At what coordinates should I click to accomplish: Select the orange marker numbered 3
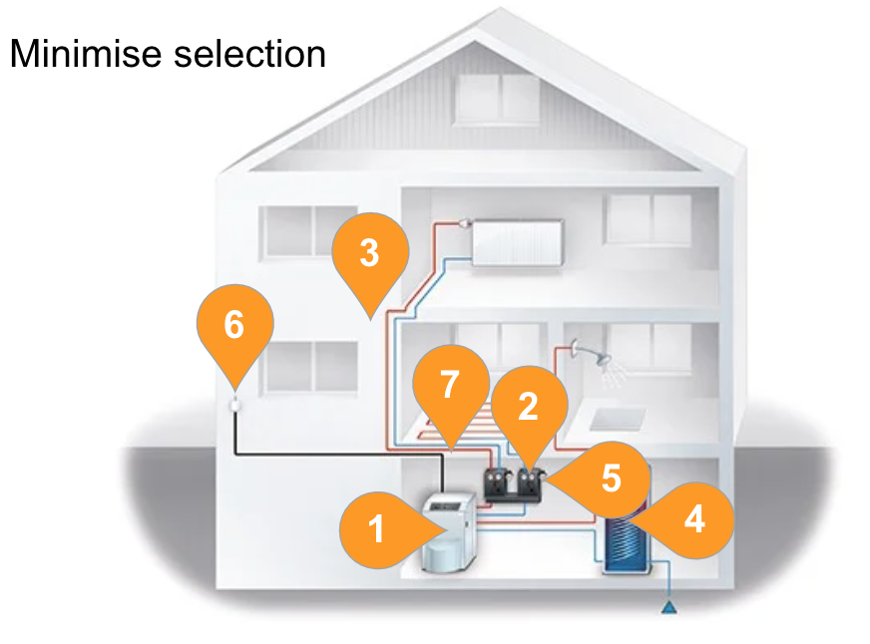[369, 254]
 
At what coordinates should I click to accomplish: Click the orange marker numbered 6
[233, 325]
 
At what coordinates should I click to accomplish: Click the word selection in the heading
[249, 54]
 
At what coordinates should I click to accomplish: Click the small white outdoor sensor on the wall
[235, 406]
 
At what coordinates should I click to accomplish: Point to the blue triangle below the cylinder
[666, 605]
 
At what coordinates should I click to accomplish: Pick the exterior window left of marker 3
[300, 230]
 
